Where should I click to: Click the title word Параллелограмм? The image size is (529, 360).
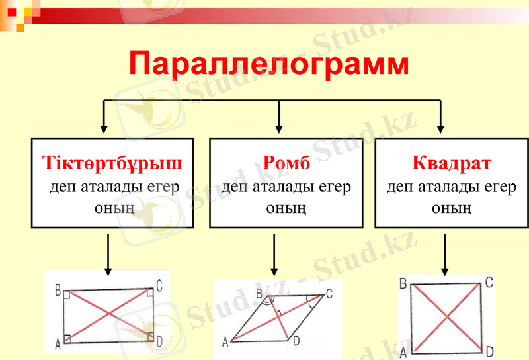pos(268,64)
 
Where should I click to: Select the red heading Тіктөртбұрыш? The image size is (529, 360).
pos(112,162)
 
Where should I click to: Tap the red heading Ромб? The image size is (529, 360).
pos(286,162)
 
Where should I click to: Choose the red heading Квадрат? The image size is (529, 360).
pos(452,162)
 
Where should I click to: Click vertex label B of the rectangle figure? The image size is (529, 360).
pos(58,290)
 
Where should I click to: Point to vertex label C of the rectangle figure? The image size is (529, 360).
pos(159,286)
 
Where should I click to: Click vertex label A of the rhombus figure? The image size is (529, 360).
pos(225,341)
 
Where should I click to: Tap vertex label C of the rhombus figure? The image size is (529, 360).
pos(329,292)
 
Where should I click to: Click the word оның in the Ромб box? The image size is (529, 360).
pos(286,208)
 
